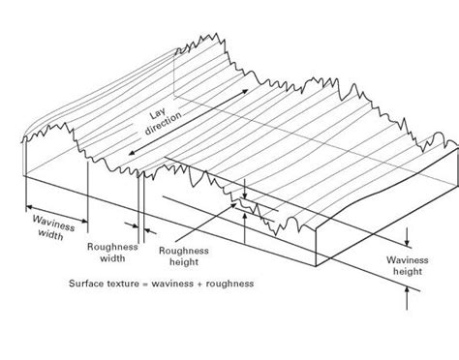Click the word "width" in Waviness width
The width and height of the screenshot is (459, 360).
pyautogui.click(x=47, y=233)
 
